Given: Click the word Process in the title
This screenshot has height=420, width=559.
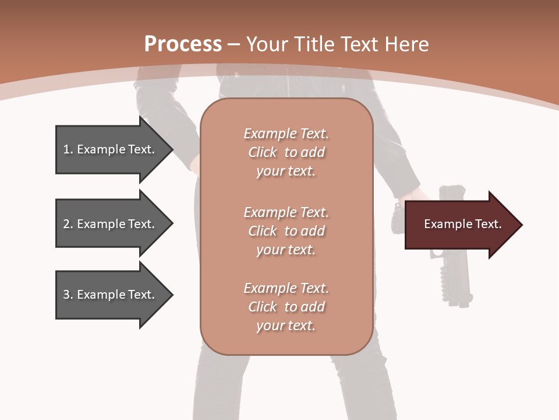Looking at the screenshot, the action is coord(183,44).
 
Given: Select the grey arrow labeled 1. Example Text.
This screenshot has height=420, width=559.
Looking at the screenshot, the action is coord(111,149).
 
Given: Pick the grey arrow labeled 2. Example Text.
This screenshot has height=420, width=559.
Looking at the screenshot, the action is coord(111,224).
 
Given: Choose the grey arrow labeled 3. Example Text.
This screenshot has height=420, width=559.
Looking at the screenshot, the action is coord(111,295).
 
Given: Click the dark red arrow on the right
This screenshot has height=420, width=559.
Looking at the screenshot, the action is coord(460,225).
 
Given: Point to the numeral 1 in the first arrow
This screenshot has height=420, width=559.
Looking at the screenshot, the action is coord(66,149).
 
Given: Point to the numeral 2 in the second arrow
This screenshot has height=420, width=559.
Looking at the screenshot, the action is coord(66,224).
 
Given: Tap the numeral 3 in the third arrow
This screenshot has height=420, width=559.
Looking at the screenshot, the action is coord(66,295).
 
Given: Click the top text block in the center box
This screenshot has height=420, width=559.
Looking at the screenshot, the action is coord(286,152).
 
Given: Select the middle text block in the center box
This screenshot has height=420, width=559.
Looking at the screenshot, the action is coord(286,231).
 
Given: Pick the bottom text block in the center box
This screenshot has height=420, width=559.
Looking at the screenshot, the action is coord(286,307).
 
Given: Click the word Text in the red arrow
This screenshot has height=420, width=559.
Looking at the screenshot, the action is coord(489,224).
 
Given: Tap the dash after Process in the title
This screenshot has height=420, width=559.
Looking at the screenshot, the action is coord(233,44).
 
